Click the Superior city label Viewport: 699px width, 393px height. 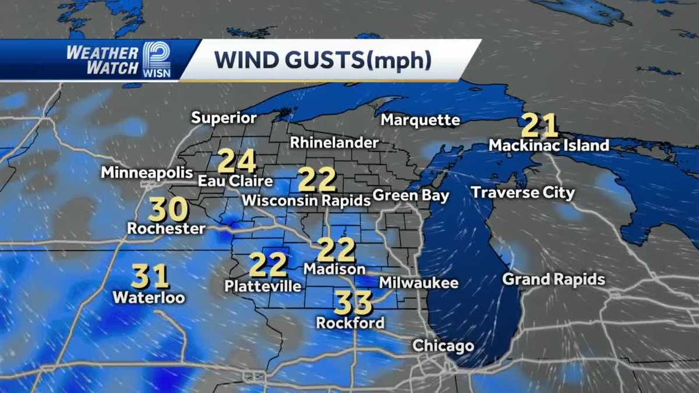(x=224, y=118)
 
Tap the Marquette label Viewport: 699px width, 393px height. (x=421, y=121)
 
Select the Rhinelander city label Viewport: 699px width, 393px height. (x=334, y=142)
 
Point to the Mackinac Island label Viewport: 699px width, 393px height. (x=549, y=145)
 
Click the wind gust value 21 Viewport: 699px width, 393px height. (x=539, y=125)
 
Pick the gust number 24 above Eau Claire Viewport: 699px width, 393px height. (x=237, y=161)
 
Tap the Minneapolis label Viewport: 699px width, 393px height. (x=147, y=172)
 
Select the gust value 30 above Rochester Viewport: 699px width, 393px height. (x=168, y=210)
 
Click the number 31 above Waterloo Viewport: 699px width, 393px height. (x=150, y=277)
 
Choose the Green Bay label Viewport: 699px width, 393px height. (x=411, y=196)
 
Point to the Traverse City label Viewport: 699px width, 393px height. (x=523, y=193)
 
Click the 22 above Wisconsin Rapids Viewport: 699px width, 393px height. (x=317, y=180)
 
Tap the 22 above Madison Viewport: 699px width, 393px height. (x=336, y=250)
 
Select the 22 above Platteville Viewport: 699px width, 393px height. (x=269, y=265)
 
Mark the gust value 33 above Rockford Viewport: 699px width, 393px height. (x=353, y=303)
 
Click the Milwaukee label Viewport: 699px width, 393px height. (x=419, y=284)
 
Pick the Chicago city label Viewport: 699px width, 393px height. (x=443, y=346)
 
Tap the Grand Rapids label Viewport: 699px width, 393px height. (x=554, y=280)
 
